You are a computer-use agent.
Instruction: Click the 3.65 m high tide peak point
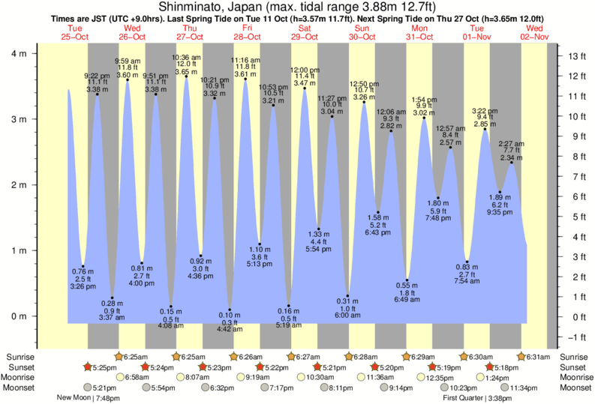186,76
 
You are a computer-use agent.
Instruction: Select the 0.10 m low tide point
230,310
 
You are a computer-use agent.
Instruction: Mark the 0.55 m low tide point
407,280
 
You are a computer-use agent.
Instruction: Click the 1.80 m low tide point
437,198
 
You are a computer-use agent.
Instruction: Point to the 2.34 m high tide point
511,163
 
